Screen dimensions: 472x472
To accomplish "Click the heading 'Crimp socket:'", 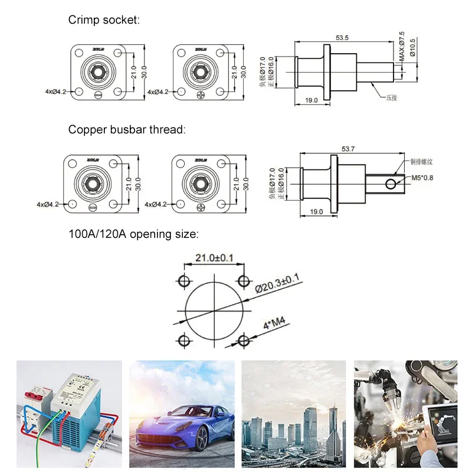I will tap(103, 20).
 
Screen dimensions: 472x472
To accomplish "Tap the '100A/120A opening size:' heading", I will tap(133, 234).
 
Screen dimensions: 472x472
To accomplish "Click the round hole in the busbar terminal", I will tap(391, 185).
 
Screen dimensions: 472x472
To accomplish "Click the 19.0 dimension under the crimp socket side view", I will tap(312, 100).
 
